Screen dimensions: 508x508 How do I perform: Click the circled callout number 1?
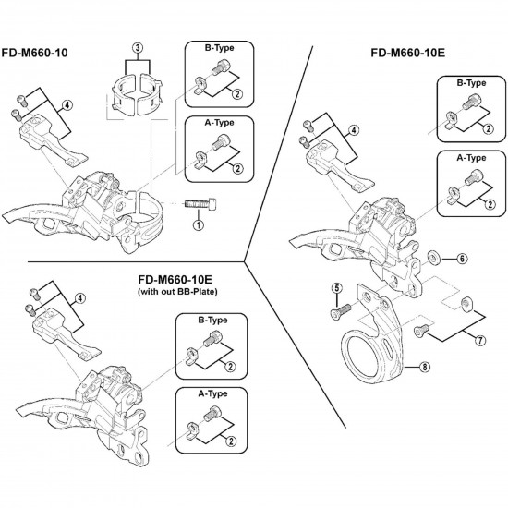198,225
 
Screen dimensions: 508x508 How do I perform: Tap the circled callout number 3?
139,47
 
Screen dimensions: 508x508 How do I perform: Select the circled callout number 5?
337,288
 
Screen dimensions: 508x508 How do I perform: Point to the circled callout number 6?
463,258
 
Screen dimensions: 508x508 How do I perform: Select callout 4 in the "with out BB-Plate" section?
81,297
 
